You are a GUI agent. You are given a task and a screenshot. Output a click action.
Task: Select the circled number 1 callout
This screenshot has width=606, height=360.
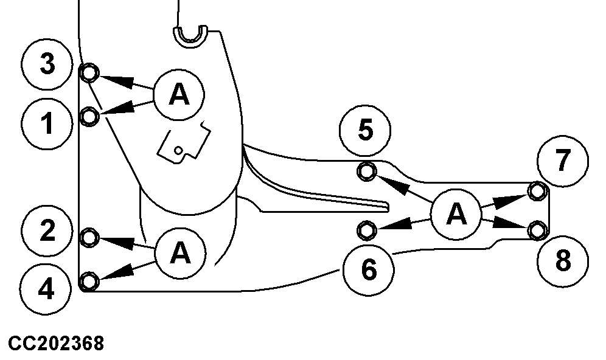coord(47,124)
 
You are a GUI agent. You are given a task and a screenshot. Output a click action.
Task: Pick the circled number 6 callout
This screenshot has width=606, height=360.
coord(368,270)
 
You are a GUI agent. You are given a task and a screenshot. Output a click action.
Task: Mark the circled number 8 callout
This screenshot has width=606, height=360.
coord(563,262)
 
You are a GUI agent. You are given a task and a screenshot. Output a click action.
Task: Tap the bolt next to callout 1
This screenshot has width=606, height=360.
coord(89,116)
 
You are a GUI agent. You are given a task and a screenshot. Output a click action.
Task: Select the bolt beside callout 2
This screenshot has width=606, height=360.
coord(89,237)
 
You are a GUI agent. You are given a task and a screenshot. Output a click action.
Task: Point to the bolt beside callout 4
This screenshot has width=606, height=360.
coord(89,280)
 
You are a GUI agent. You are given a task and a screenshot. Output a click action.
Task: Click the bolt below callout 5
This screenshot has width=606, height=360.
coord(366,173)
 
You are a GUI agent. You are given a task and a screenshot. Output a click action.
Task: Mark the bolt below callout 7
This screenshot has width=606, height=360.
coord(537,192)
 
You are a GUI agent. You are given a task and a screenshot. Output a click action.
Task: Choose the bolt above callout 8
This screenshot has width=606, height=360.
coord(537,230)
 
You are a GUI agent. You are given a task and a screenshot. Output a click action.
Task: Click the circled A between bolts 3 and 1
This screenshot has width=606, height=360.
coord(178,94)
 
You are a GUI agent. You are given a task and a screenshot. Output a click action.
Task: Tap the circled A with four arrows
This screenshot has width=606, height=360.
coord(456,213)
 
